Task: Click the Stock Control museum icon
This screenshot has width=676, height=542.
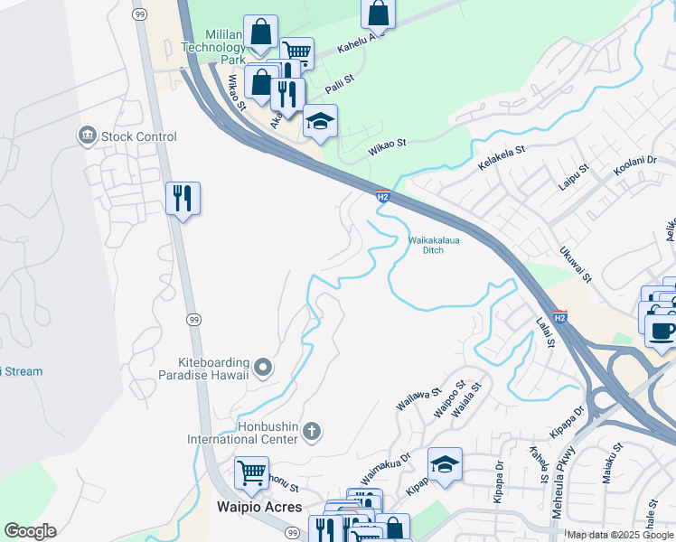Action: [88, 136]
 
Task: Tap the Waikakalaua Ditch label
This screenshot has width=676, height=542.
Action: [433, 245]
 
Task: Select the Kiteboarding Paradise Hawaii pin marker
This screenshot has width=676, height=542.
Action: [263, 366]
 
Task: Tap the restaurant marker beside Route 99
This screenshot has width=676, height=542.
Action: [183, 198]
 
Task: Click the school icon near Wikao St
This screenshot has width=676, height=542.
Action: [319, 121]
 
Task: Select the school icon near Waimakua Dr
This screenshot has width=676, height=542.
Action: [445, 464]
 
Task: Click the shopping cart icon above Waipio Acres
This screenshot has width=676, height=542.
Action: [251, 472]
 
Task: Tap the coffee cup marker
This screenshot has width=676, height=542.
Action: [663, 330]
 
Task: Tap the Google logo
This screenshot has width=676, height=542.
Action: [30, 531]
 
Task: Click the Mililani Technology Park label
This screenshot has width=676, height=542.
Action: [212, 45]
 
